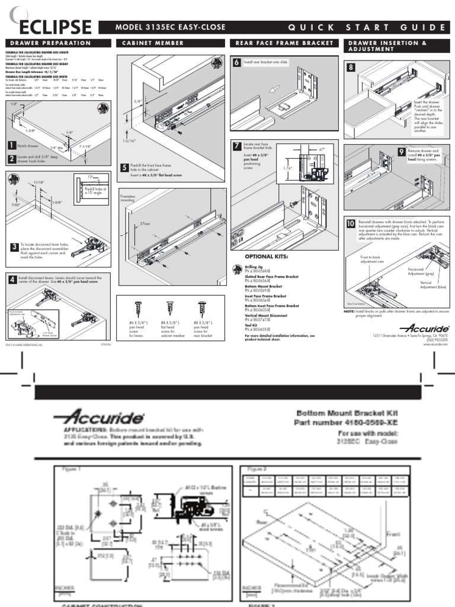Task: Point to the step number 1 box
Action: pyautogui.click(x=11, y=145)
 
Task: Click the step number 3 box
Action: pyautogui.click(x=14, y=247)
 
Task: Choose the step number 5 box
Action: pyautogui.click(x=124, y=167)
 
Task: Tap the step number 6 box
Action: pyautogui.click(x=236, y=62)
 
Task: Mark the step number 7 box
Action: pyautogui.click(x=236, y=146)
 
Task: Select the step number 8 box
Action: pyautogui.click(x=351, y=68)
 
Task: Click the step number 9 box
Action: pyautogui.click(x=402, y=152)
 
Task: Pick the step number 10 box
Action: pyautogui.click(x=351, y=223)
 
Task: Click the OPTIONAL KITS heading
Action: pyautogui.click(x=266, y=257)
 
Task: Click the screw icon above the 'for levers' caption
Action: pyautogui.click(x=140, y=308)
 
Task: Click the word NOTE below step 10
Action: pyautogui.click(x=349, y=311)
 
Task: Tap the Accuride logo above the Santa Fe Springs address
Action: pyautogui.click(x=424, y=328)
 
